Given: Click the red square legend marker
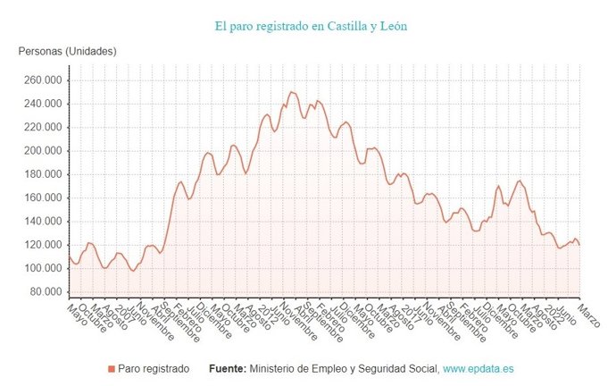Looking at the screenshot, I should [112, 368].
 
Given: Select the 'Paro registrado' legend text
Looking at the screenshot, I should [154, 368].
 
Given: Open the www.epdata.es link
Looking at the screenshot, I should [479, 368].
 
